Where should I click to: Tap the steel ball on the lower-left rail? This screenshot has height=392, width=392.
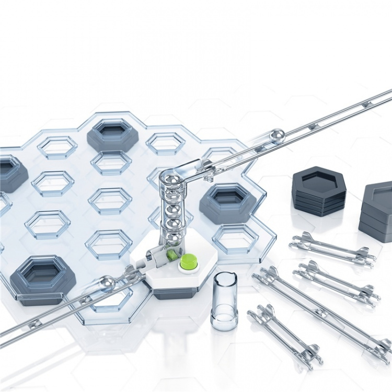(107, 283)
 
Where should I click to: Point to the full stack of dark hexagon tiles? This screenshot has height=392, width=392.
(319, 191)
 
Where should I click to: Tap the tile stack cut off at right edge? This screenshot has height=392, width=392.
(377, 212)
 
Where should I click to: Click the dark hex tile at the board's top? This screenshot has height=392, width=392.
(112, 134)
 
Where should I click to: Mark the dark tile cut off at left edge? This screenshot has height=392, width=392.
(10, 172)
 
